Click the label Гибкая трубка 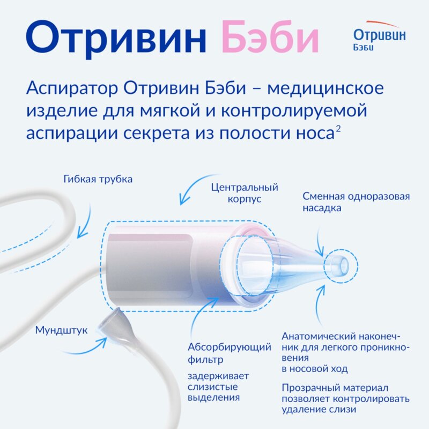coord(98,179)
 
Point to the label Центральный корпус coord(245,193)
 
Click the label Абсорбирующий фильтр coord(230,353)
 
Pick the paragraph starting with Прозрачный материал coord(345,398)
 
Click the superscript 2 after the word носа coord(338,130)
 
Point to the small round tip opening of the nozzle coord(339,264)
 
